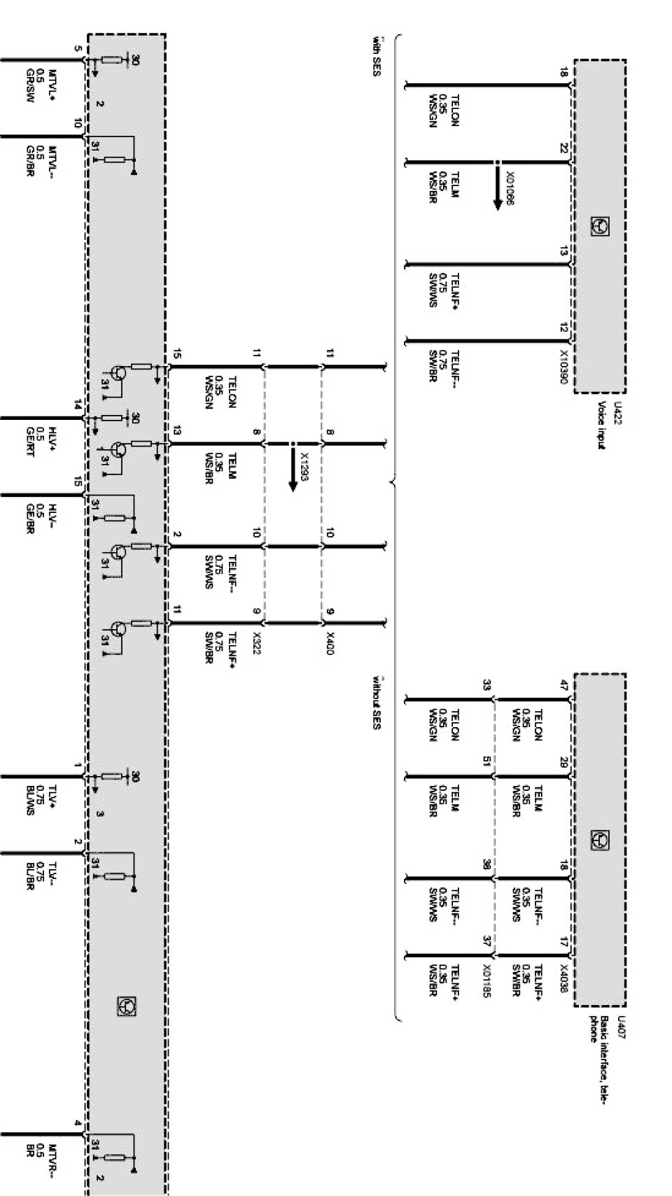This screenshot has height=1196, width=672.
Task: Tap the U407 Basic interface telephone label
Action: point(605,1041)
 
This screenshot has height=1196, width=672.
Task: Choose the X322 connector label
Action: point(256,643)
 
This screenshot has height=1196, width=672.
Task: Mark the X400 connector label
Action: point(330,643)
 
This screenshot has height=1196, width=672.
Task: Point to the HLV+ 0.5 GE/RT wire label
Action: point(41,442)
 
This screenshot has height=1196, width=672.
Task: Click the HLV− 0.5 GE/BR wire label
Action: point(41,519)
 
